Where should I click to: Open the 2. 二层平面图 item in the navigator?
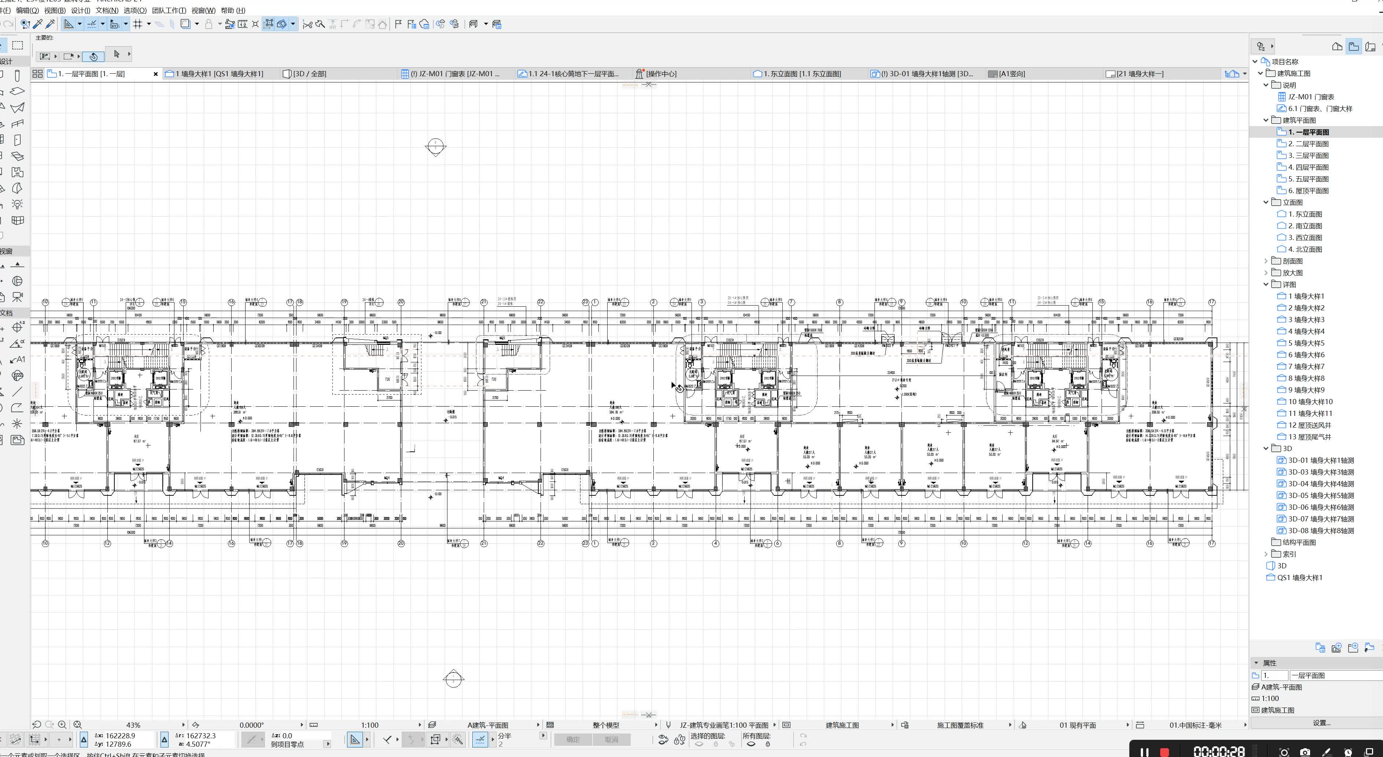(1308, 144)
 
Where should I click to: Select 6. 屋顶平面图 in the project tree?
(1308, 191)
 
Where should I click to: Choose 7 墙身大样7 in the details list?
(1306, 366)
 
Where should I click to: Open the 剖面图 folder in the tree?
(1292, 261)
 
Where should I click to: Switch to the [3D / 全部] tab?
(309, 74)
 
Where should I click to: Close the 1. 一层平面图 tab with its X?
(156, 74)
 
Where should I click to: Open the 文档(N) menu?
(107, 10)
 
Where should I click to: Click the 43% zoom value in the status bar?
(133, 725)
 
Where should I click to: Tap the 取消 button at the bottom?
(611, 739)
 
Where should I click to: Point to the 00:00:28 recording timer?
(1219, 751)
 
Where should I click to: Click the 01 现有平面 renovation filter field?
(1077, 725)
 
